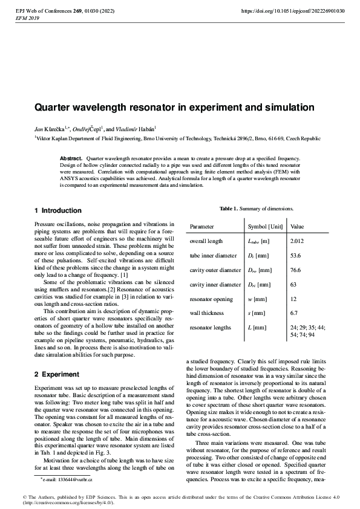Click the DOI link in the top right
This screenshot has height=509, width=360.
293,11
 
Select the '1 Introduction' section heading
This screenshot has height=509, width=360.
57,210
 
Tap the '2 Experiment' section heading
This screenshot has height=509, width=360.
56,374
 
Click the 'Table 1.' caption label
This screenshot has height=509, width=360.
229,209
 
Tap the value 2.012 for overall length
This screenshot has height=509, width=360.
297,241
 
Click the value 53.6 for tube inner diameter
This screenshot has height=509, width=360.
296,256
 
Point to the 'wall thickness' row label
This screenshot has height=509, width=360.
206,313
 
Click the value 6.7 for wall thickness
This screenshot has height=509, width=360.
295,313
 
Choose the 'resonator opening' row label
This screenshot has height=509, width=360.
211,299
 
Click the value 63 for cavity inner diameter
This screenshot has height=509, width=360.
294,284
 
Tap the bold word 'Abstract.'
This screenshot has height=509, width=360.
71,158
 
